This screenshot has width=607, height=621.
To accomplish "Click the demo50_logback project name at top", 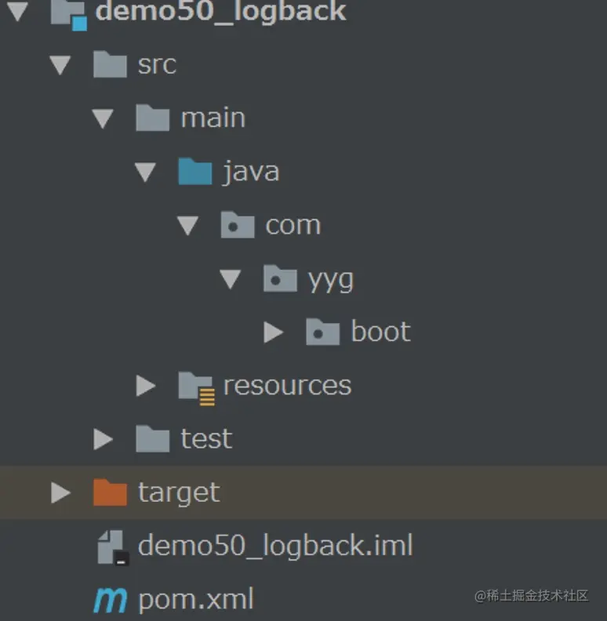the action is [220, 11].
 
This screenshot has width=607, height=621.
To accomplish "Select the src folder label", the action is [157, 64].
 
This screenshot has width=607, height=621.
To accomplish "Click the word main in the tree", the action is [213, 118].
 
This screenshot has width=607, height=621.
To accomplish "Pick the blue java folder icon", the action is [194, 171].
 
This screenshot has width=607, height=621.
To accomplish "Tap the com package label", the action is [293, 225].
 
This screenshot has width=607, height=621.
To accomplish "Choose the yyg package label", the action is [330, 279].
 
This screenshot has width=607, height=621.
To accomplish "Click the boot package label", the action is [380, 332].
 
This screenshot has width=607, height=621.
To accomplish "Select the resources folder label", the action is [287, 385].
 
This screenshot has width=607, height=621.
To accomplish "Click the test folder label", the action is [206, 438].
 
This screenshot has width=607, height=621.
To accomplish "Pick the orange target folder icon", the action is [110, 492].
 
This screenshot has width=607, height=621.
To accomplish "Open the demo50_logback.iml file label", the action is [275, 546].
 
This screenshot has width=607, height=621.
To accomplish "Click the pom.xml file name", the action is [196, 600].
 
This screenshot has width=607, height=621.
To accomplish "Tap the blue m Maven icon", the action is [110, 600].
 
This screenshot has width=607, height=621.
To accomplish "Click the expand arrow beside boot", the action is [273, 332].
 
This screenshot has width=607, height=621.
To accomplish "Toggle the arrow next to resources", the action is [145, 386].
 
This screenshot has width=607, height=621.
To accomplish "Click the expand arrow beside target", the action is [60, 492].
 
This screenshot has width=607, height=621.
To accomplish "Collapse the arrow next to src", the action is [60, 65].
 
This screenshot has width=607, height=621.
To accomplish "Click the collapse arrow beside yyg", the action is [230, 279].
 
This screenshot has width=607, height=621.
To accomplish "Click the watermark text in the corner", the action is [531, 595].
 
